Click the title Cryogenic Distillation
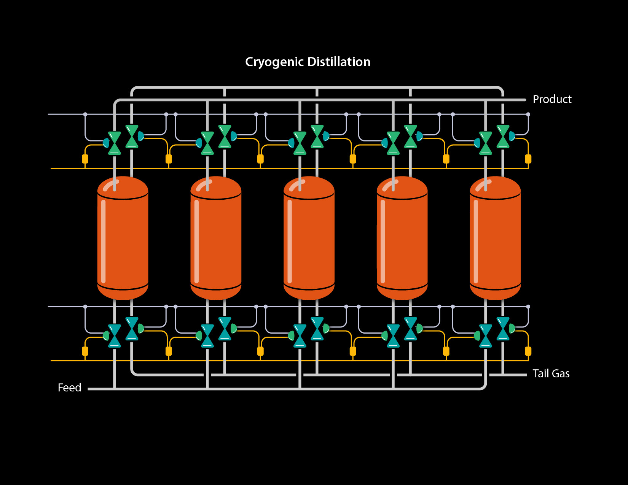(x=308, y=62)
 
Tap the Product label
(x=552, y=99)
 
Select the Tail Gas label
(x=551, y=374)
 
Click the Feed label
(x=69, y=388)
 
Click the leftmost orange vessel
(x=123, y=240)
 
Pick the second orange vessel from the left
(x=216, y=240)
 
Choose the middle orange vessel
(x=309, y=240)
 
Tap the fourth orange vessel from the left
(x=402, y=240)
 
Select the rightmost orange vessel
(x=495, y=240)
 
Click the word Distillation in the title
(x=339, y=62)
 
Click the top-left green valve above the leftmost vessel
(x=115, y=143)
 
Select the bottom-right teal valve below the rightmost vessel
(x=503, y=329)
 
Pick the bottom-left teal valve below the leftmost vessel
(x=115, y=336)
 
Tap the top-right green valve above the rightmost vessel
(x=503, y=136)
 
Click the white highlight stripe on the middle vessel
(x=290, y=242)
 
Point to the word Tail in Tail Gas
(x=540, y=374)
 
